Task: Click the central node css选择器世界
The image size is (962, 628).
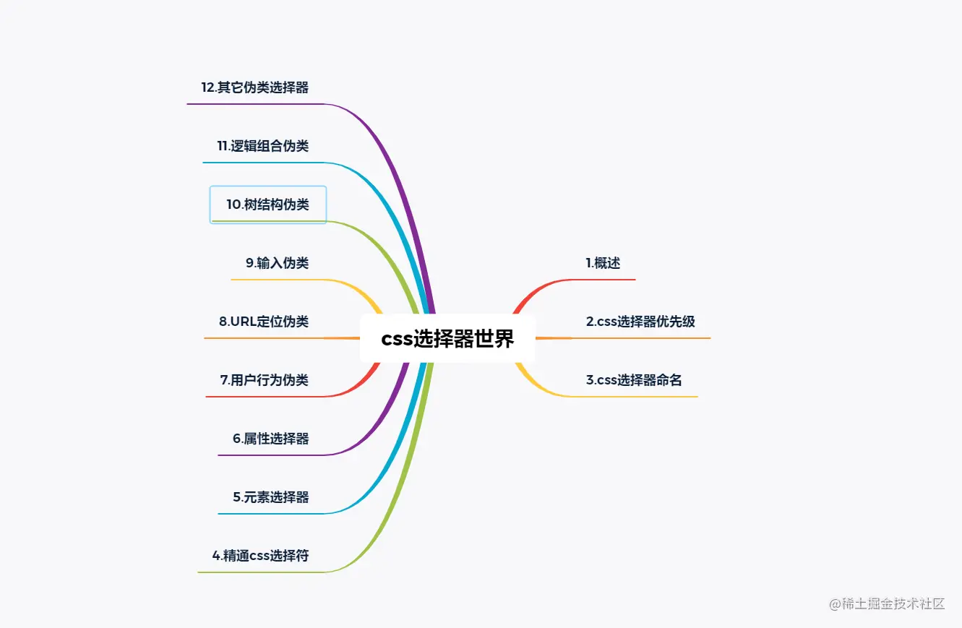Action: (x=447, y=339)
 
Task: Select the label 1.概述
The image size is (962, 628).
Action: (x=603, y=263)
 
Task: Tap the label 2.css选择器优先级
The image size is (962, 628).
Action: (x=640, y=322)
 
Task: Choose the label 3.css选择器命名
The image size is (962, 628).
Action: (x=634, y=380)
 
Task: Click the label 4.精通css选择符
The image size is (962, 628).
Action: (x=260, y=556)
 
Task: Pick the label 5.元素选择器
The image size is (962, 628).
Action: (x=270, y=497)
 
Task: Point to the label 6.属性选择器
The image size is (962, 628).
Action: (x=270, y=439)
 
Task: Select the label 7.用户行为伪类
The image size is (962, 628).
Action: (x=264, y=380)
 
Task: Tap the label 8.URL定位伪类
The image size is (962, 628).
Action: (x=264, y=322)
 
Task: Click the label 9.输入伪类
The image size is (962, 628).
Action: (x=277, y=263)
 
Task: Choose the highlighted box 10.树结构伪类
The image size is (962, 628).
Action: (x=268, y=205)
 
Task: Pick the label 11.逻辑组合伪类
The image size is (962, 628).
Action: (x=262, y=146)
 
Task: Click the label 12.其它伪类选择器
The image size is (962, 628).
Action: (x=254, y=87)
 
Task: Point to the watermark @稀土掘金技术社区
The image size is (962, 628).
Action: (x=887, y=604)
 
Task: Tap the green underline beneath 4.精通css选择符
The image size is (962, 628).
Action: (x=260, y=572)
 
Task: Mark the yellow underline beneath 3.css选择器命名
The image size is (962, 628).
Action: (x=636, y=397)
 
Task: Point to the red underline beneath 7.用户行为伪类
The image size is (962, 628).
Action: (x=267, y=397)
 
